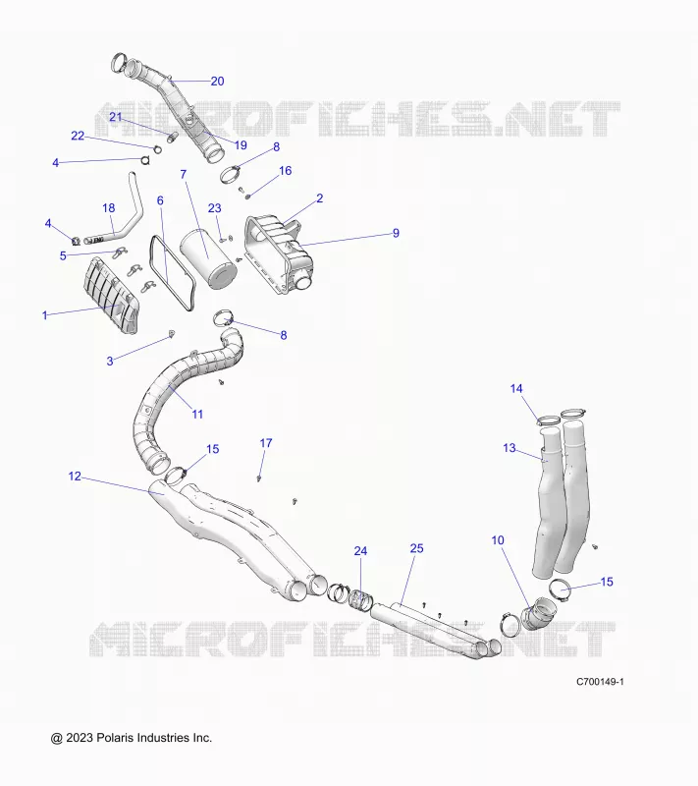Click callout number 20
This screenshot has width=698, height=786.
[217, 82]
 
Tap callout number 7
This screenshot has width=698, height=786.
[184, 175]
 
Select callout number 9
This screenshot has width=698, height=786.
[396, 233]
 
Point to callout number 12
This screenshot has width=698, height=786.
[75, 477]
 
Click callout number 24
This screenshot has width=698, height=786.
[360, 551]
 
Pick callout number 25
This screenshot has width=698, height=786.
[416, 548]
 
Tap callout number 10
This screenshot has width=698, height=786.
[498, 540]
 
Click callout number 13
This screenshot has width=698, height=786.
[510, 448]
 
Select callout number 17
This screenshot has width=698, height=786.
[266, 443]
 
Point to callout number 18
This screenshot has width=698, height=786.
[109, 208]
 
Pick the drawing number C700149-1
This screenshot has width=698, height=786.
[600, 682]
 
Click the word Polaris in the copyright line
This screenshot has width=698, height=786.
[115, 738]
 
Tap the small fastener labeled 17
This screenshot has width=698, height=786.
[259, 478]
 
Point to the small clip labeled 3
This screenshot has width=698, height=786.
[172, 333]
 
